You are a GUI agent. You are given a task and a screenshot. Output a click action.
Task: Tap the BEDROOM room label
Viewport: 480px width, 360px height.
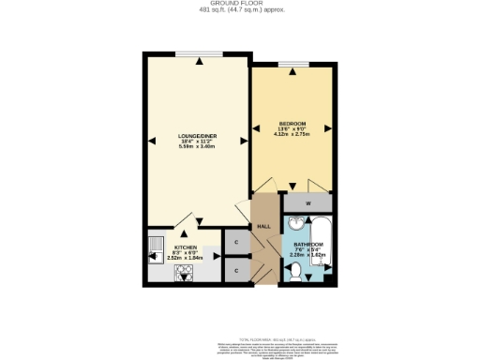pyautogui.click(x=292, y=123)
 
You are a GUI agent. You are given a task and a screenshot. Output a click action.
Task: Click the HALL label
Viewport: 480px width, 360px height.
pyautogui.click(x=264, y=224)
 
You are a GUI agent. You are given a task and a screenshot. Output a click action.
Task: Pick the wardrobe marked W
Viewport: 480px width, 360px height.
pyautogui.click(x=307, y=202)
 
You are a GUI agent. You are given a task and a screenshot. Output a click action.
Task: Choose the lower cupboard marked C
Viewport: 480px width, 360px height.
pyautogui.click(x=237, y=270)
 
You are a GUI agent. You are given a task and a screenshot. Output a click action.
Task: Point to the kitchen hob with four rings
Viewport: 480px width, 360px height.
pyautogui.click(x=184, y=273)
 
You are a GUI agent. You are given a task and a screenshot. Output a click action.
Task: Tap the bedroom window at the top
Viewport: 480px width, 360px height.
pyautogui.click(x=292, y=67)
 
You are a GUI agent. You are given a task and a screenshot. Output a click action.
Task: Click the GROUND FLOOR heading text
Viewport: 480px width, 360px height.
pyautogui.click(x=240, y=5)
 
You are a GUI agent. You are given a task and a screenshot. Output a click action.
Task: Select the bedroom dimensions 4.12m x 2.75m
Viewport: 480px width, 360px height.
pyautogui.click(x=292, y=135)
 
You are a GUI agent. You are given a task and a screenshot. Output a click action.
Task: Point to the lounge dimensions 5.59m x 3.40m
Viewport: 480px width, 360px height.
pyautogui.click(x=197, y=147)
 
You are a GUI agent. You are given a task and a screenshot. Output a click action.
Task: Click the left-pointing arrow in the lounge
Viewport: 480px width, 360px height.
pyautogui.click(x=150, y=141)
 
